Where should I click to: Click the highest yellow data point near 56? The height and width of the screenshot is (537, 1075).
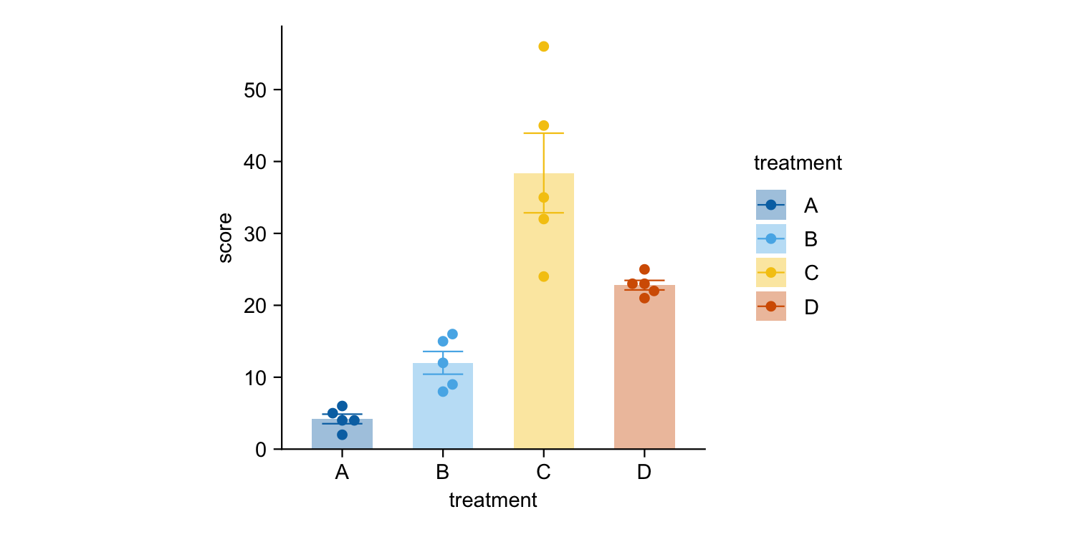[543, 47]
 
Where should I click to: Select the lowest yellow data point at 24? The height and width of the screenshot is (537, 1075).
[543, 276]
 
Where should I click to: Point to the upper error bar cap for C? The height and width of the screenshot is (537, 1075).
[543, 133]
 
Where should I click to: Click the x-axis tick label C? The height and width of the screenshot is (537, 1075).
[543, 473]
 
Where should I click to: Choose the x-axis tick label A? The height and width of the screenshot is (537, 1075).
[342, 473]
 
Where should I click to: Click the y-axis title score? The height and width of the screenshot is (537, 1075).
[225, 238]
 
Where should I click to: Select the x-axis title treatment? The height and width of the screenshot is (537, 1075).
[493, 500]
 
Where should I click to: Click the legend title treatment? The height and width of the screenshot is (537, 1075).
[798, 163]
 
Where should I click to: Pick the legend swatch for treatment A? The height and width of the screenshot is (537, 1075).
[771, 205]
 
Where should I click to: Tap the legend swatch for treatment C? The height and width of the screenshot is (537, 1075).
[771, 273]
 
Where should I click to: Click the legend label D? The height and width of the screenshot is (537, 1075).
[811, 307]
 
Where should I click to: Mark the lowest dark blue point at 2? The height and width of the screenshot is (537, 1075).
[342, 435]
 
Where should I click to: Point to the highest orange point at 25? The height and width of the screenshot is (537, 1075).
[644, 269]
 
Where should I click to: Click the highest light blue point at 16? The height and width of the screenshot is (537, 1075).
[452, 334]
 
